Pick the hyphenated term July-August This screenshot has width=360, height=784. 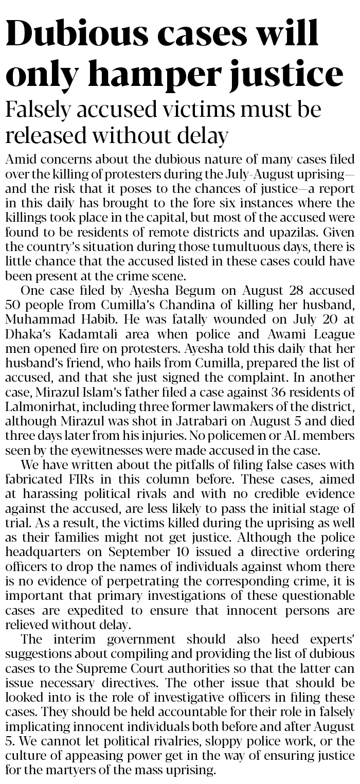tap(258, 172)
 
